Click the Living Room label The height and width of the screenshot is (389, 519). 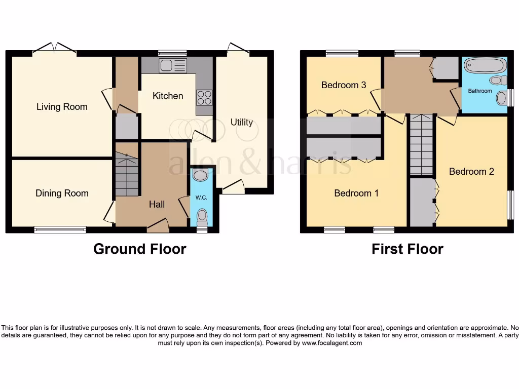coord(62,107)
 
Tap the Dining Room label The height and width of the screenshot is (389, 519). coord(62,193)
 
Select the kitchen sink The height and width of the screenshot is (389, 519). coord(173,65)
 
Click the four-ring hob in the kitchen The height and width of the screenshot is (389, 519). coord(204,97)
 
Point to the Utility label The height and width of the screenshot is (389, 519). coord(241,122)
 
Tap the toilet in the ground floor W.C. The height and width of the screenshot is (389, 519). coord(202,217)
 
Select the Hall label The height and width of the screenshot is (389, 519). coord(157,205)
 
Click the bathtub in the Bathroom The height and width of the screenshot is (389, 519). coord(485,66)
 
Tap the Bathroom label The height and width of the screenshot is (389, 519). coord(479,91)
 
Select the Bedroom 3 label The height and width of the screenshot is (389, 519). coord(344,85)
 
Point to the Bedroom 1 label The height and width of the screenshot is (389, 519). coord(356,193)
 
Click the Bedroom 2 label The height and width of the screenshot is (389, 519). coord(471,171)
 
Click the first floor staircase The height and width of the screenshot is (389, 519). coord(422,144)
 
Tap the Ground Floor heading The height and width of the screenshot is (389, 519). coord(139,249)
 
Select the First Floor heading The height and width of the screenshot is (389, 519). coord(407,249)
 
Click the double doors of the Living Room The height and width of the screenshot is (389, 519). coord(54,49)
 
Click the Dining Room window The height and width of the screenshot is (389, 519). coord(60,229)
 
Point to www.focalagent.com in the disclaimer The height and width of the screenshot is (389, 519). coord(332,343)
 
